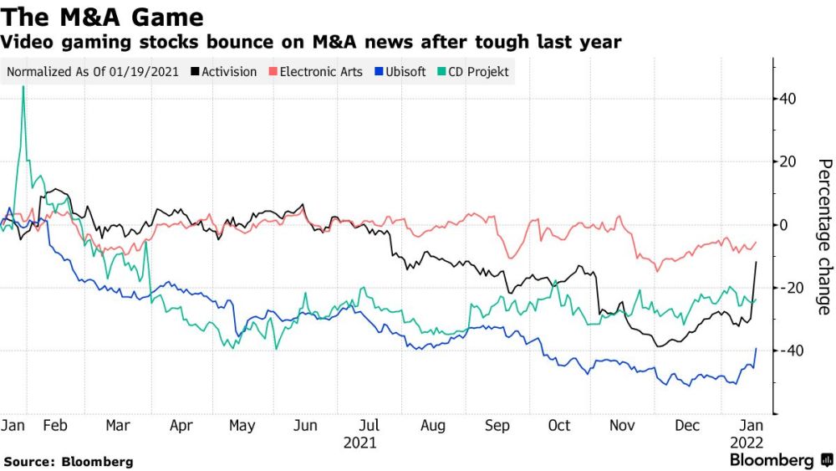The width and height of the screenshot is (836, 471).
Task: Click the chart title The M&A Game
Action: [103, 16]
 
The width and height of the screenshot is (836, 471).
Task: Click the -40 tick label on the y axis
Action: [788, 351]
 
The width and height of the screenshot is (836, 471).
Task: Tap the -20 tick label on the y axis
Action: [788, 288]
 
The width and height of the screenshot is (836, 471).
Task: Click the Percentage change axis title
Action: [823, 236]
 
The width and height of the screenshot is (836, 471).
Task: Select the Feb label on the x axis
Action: [54, 426]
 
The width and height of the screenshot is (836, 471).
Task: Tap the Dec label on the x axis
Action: [687, 426]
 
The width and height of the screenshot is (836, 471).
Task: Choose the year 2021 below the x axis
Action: [360, 443]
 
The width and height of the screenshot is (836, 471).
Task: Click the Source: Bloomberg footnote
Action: [69, 461]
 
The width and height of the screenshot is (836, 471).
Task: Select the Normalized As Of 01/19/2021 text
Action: [93, 72]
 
